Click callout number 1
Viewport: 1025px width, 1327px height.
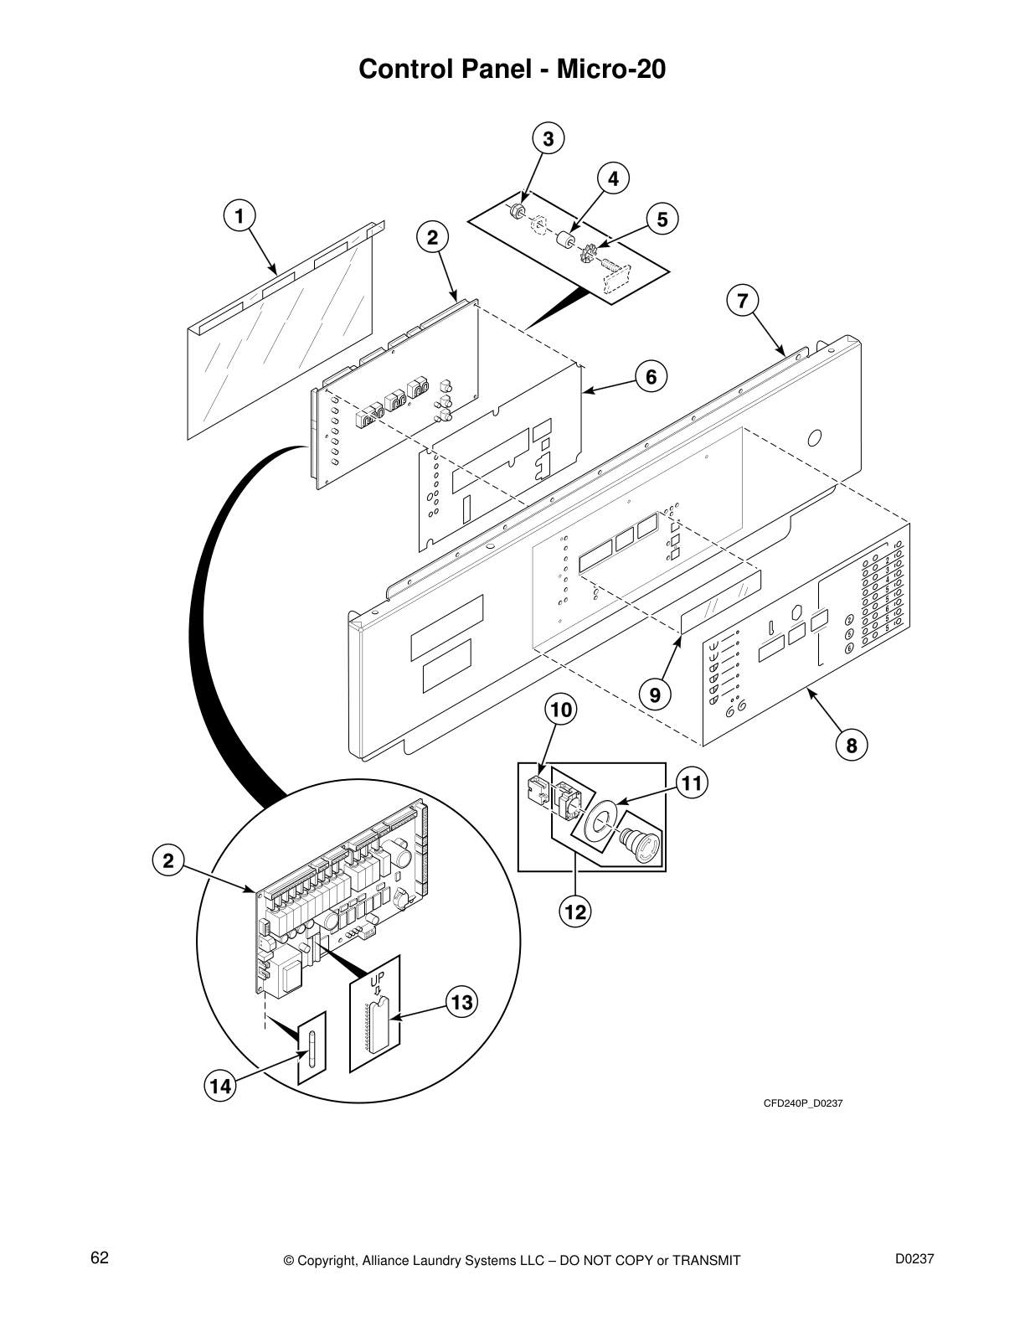coord(239,215)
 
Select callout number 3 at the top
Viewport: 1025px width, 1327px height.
coord(548,139)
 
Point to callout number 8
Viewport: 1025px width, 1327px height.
coord(852,745)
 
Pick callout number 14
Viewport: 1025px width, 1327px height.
coord(219,1087)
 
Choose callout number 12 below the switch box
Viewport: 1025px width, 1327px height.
coord(575,911)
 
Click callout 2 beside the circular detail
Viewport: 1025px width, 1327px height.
coord(168,860)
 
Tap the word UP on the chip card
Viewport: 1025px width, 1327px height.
coord(379,976)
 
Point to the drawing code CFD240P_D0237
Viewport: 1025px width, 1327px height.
coord(802,1103)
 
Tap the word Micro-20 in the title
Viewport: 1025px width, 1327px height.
coord(616,69)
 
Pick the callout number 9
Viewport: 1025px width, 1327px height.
coord(655,694)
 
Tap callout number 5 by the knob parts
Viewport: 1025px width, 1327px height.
coord(662,219)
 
